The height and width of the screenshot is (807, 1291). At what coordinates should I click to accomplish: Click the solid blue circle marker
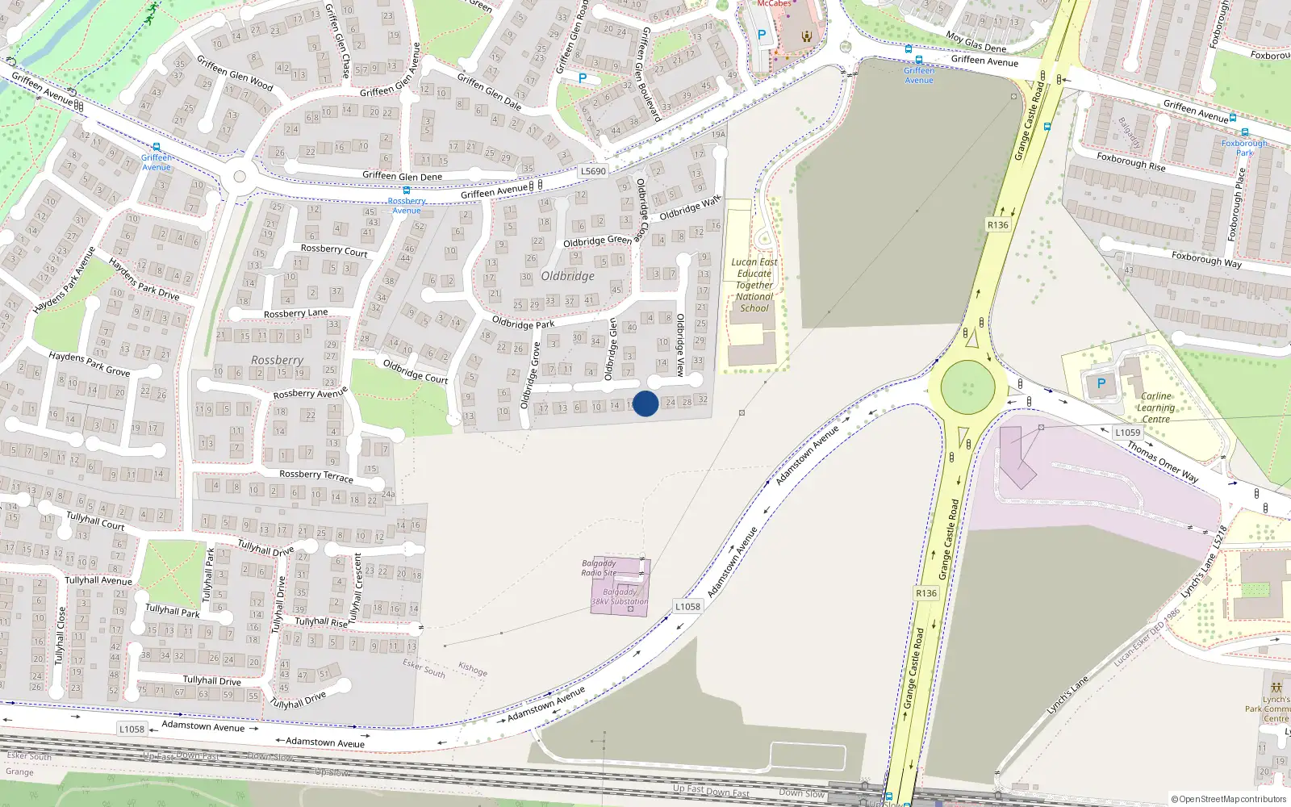[x=645, y=403]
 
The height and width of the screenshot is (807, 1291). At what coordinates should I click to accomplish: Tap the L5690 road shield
[x=593, y=171]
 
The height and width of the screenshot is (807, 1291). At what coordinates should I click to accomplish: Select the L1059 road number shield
[x=1127, y=433]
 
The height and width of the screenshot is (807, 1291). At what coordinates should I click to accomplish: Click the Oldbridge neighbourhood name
[x=567, y=276]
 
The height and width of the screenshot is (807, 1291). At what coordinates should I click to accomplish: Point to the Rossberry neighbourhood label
[x=277, y=360]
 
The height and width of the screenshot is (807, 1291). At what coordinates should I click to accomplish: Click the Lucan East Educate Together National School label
[x=754, y=285]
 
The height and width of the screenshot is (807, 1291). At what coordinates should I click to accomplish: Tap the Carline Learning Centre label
[x=1155, y=408]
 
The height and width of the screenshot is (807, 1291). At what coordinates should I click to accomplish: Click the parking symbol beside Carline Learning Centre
[x=1101, y=384]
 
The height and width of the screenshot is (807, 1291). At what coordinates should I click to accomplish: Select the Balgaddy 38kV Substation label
[x=620, y=596]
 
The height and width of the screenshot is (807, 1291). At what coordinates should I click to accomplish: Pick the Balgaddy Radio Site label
[x=599, y=568]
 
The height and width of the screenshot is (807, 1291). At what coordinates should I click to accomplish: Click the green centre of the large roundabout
[x=967, y=387]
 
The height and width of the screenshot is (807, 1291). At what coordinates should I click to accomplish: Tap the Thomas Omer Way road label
[x=1163, y=462]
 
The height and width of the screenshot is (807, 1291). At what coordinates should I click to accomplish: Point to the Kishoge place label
[x=473, y=669]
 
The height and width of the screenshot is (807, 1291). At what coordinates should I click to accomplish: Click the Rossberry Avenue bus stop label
[x=407, y=205]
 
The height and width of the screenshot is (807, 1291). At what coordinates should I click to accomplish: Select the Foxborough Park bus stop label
[x=1244, y=148]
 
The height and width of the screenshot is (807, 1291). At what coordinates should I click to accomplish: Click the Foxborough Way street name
[x=1206, y=259]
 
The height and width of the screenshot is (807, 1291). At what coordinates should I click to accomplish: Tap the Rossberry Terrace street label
[x=316, y=475]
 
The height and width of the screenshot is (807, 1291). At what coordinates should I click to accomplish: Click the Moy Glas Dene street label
[x=976, y=42]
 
